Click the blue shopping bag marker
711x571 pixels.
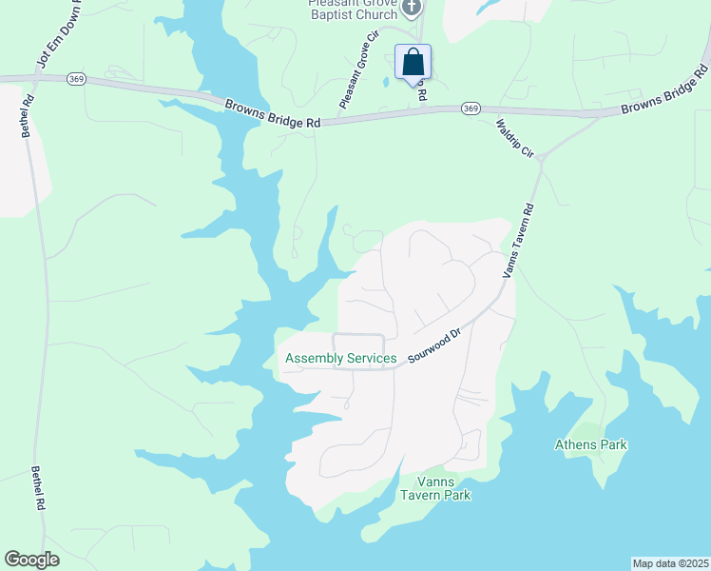point(413,63)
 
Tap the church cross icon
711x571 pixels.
point(411,9)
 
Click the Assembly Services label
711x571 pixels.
point(341,359)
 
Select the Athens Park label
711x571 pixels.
point(591,444)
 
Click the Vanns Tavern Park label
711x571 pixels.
point(435,488)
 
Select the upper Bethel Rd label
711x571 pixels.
point(28,115)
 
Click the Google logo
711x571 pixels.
point(31,559)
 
